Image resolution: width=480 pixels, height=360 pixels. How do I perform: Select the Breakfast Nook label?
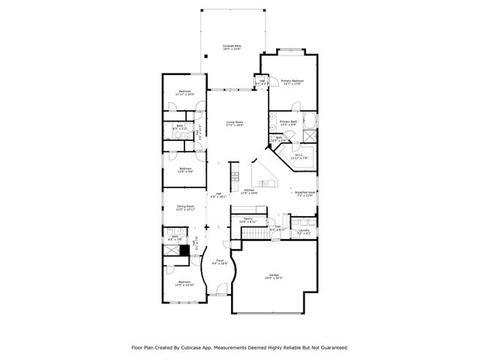coord(304,193)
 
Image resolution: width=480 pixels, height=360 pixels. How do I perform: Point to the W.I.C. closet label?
coord(297,155)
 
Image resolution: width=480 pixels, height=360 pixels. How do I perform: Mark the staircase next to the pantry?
coord(253,235)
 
